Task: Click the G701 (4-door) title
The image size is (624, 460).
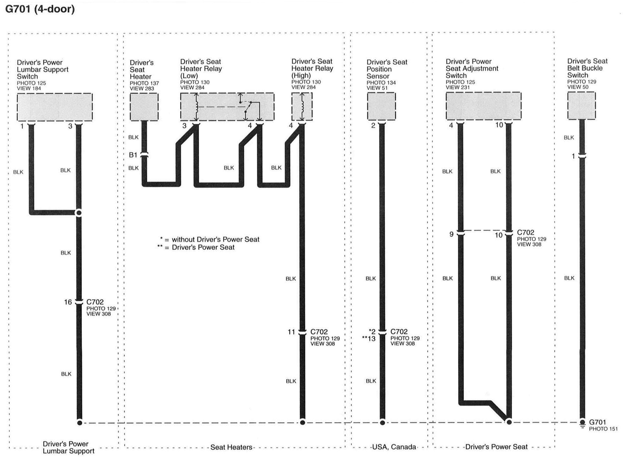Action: coord(40,9)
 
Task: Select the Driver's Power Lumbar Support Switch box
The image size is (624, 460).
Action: coord(55,107)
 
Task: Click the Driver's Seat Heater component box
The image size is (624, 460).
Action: coord(144,107)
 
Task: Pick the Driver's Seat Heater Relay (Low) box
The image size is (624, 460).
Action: coord(227,107)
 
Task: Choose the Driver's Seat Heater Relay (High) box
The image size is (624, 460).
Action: coord(302,107)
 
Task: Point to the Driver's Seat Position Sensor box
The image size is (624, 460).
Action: coord(381,106)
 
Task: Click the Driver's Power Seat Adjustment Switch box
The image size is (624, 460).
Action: coord(483,106)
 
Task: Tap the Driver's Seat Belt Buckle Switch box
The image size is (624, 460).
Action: coord(581,106)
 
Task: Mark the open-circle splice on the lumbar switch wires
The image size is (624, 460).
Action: coord(79,213)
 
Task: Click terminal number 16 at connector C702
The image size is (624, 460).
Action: coord(68,302)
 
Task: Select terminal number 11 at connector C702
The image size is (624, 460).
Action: coord(291,332)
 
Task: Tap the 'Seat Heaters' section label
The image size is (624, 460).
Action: coord(231,447)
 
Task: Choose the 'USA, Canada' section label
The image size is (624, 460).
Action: coord(394,447)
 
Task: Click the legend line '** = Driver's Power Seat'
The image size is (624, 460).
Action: coord(196,247)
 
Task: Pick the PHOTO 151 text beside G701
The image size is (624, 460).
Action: coord(603,429)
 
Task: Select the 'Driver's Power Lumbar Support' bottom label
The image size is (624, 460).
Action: coord(68,447)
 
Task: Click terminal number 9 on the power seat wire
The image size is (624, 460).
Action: coord(451,234)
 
